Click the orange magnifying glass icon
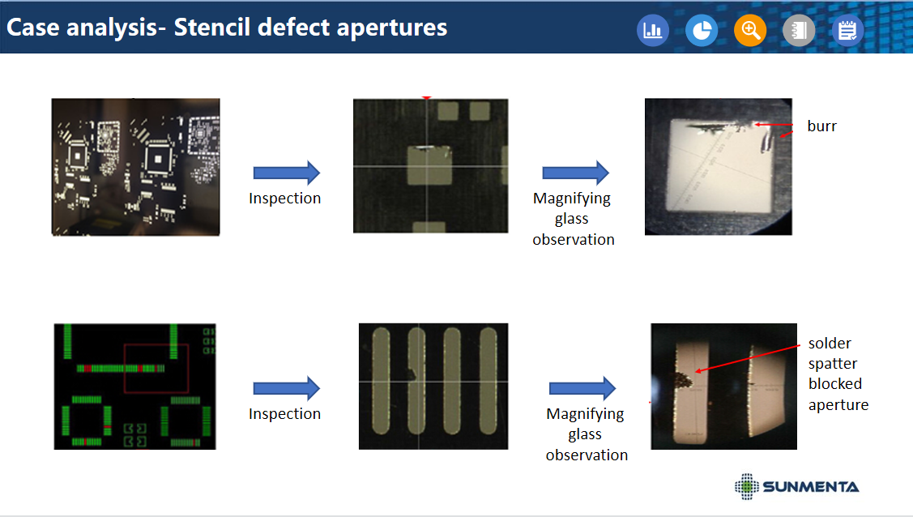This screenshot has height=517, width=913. click(750, 30)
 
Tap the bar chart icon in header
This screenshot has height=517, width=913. click(653, 30)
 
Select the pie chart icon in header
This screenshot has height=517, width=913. click(702, 30)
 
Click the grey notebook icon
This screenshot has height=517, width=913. click(799, 30)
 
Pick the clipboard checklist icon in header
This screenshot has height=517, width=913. click(847, 30)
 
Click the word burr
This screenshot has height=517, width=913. click(821, 126)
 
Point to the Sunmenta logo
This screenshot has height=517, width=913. click(796, 487)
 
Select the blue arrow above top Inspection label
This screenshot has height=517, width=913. click(287, 173)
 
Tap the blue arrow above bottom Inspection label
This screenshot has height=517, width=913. click(287, 388)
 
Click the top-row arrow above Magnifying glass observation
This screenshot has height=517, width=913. click(575, 173)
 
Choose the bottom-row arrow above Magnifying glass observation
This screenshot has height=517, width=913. click(582, 388)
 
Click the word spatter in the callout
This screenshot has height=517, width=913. click(833, 364)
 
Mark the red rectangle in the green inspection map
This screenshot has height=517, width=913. click(156, 368)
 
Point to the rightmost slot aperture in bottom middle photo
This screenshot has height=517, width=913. click(488, 381)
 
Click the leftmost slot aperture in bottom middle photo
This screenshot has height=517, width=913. click(381, 381)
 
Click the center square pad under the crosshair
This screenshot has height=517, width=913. click(429, 165)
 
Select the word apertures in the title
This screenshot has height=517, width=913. click(392, 28)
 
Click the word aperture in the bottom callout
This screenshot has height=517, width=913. click(838, 405)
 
